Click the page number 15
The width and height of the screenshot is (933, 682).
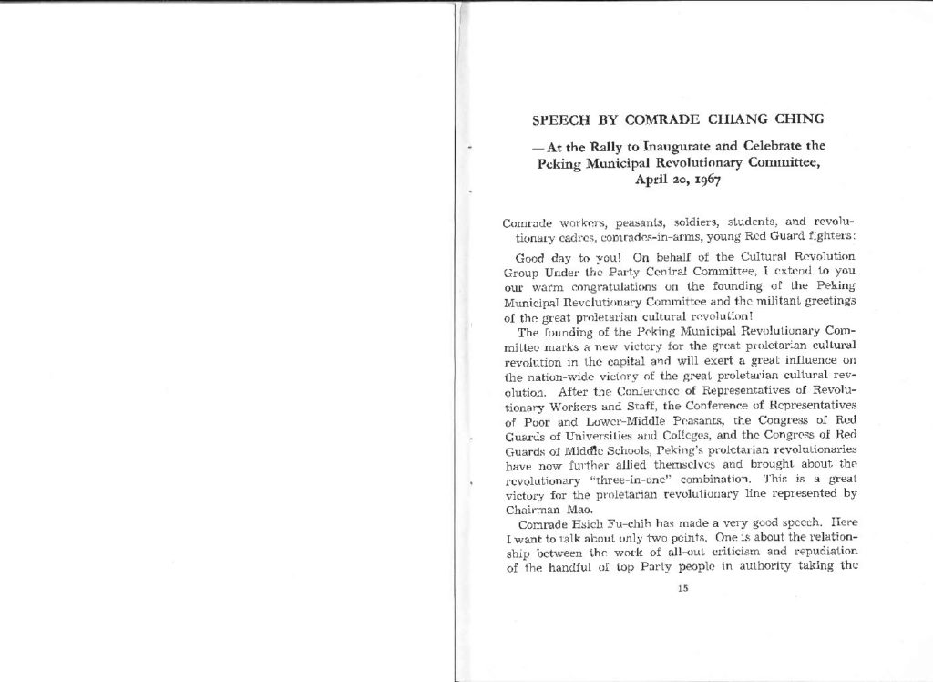(682, 587)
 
